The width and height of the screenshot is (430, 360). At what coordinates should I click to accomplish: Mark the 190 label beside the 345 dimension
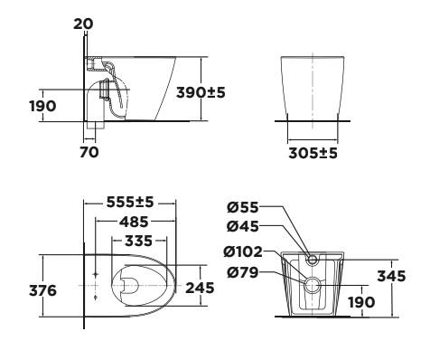click(362, 301)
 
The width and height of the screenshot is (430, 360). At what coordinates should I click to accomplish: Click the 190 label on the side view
click(42, 105)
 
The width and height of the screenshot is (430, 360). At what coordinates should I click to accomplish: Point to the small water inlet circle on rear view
click(313, 261)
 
